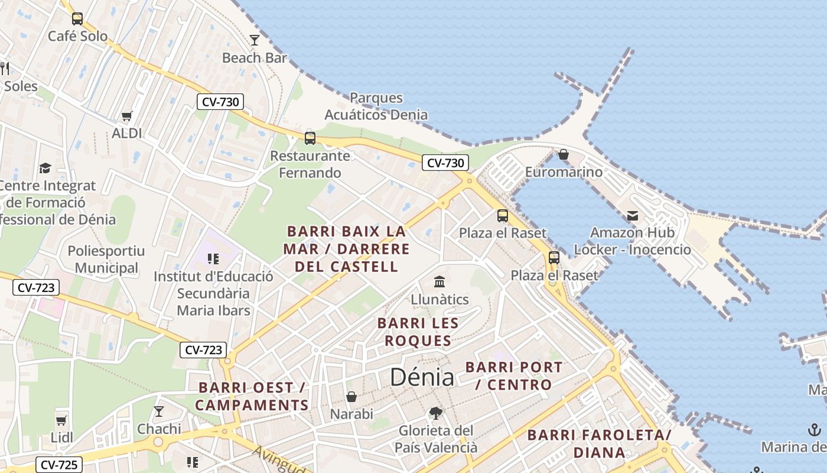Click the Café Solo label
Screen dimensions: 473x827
point(77,36)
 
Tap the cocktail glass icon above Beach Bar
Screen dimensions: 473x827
point(255,40)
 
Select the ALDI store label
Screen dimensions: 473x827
point(127,133)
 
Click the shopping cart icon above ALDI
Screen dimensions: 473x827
point(126,116)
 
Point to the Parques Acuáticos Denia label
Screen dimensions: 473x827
point(376,106)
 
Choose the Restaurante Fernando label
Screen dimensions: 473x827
point(310,164)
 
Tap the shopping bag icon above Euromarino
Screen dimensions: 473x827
point(564,154)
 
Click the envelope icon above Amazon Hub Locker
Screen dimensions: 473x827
point(633,216)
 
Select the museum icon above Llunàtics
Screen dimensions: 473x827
point(439,281)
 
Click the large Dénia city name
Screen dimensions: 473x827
point(422,377)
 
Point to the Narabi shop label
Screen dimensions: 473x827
point(351,414)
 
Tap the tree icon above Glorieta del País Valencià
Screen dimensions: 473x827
point(436,413)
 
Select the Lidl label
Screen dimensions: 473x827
point(62,438)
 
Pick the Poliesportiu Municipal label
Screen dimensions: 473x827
point(106,260)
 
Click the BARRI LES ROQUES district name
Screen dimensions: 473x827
point(418,332)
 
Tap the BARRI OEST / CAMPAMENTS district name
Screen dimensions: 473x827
point(252,396)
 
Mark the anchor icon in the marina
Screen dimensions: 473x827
point(815,430)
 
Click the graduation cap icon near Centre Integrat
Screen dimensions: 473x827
point(45,169)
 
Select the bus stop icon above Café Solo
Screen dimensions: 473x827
point(77,18)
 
